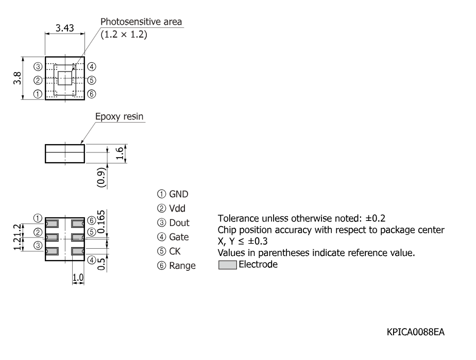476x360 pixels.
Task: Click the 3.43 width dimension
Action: click(65, 28)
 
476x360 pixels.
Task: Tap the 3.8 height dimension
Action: click(18, 78)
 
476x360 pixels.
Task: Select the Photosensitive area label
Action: click(141, 22)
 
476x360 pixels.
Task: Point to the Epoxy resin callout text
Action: click(120, 116)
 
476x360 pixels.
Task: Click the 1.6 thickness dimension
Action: click(120, 153)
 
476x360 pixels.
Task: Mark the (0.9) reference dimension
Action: click(101, 177)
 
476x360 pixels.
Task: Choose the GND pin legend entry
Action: click(173, 194)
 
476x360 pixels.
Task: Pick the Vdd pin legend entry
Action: click(171, 208)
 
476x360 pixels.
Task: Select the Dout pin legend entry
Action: click(173, 223)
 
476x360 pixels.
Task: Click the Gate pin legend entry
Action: click(173, 237)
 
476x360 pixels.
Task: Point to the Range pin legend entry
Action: click(176, 266)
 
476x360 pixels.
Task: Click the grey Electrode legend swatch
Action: click(227, 265)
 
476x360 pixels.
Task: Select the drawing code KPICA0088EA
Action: click(416, 332)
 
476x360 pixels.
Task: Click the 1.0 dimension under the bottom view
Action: click(78, 278)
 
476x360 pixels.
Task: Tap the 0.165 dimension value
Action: click(101, 222)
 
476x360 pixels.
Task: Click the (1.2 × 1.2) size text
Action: click(124, 35)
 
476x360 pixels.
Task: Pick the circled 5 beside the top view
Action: click(92, 80)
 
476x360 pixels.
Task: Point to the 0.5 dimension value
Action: click(101, 264)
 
